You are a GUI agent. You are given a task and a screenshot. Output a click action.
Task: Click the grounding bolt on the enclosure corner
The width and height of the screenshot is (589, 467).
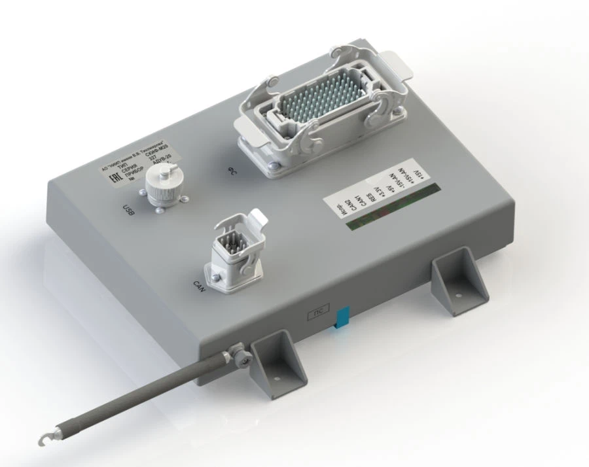(x=242, y=356)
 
